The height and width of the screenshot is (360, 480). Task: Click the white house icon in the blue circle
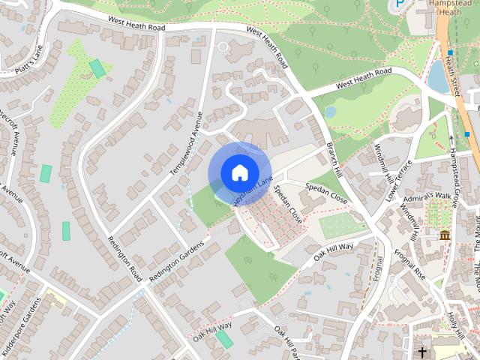tap(239, 172)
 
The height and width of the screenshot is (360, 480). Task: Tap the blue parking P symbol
tap(400, 5)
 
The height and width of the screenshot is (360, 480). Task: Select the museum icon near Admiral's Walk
tap(444, 235)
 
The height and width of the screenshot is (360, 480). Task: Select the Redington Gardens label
tap(176, 262)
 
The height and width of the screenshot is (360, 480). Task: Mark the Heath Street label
tap(450, 75)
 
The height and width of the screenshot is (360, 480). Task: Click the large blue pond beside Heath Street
tap(439, 76)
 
